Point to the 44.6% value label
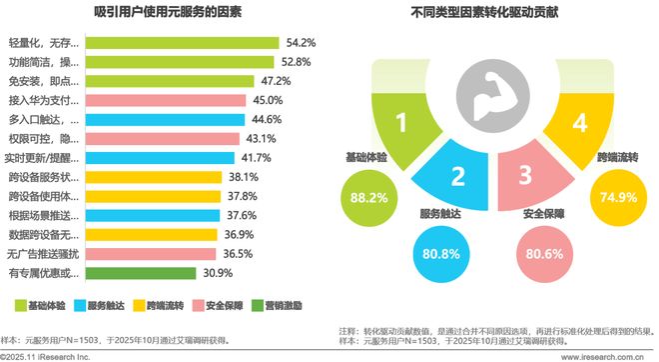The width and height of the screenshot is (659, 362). tap(294, 119)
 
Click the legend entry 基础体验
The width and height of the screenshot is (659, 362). tap(44, 304)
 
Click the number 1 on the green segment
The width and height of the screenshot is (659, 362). tap(401, 124)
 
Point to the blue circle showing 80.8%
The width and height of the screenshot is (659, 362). tap(441, 253)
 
